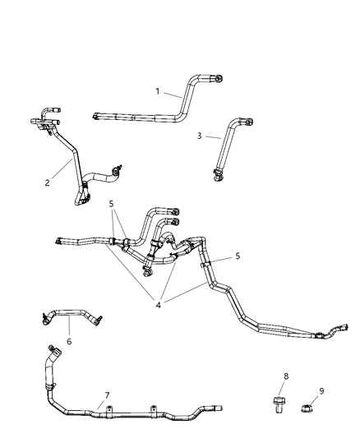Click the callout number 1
coord(159,92)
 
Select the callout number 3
coord(198,137)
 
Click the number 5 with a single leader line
coord(238,256)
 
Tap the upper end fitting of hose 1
coord(217,78)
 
